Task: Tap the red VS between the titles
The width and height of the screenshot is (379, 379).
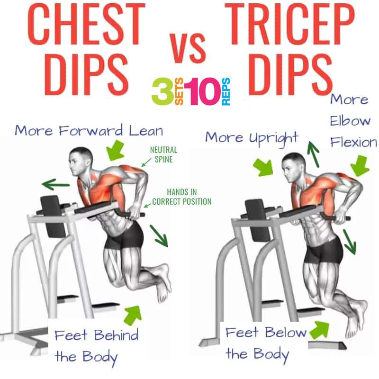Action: tap(188, 48)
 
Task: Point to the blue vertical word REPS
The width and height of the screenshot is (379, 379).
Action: tap(226, 91)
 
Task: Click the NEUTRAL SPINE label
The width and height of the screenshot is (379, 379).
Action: tap(163, 155)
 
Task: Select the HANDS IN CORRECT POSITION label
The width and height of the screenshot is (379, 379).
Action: tap(182, 197)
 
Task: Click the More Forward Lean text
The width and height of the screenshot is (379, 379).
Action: tap(89, 131)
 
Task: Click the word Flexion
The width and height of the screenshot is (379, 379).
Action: tap(353, 142)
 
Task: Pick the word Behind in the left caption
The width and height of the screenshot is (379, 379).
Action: tap(116, 335)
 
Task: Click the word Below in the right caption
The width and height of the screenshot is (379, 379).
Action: tap(286, 333)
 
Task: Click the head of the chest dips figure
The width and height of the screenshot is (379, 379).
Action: tap(81, 160)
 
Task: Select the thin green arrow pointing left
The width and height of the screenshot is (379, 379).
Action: tap(56, 185)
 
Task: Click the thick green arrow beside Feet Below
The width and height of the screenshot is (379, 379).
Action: tap(319, 329)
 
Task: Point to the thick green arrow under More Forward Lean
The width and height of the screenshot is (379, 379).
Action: tap(116, 150)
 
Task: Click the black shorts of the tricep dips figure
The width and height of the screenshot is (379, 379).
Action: tap(324, 251)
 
